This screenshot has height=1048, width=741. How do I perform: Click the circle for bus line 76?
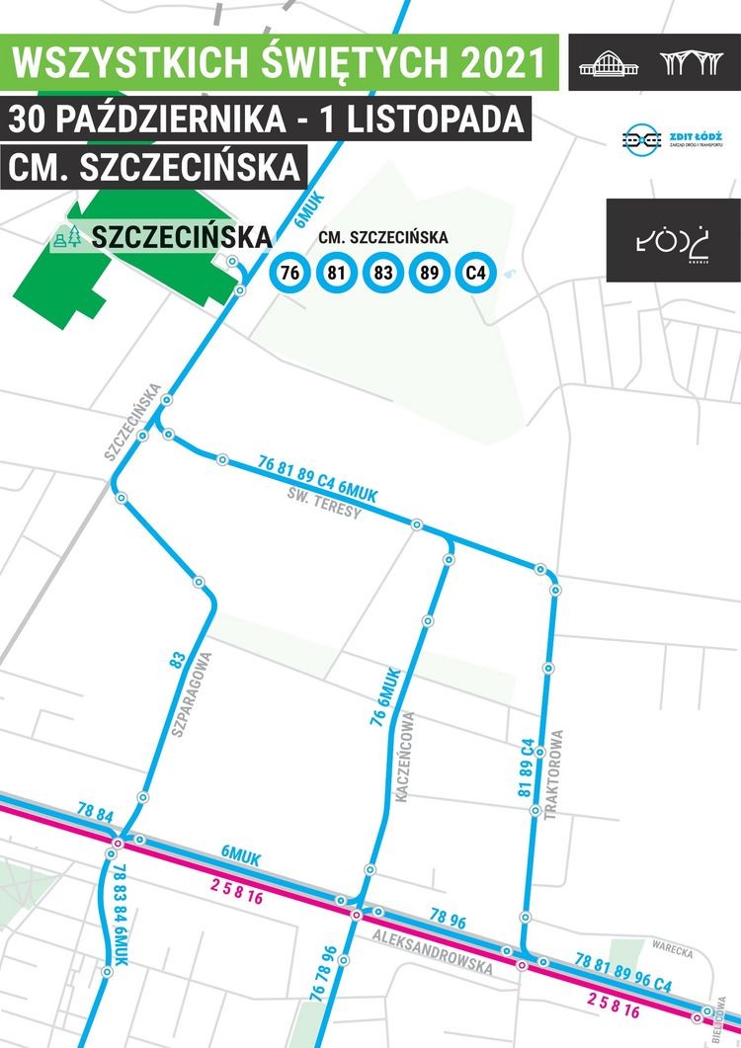pyautogui.click(x=289, y=273)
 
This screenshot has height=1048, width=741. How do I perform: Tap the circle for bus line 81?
pyautogui.click(x=335, y=273)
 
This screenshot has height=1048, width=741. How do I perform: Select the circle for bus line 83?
pyautogui.click(x=381, y=273)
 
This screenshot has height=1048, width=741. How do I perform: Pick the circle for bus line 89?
pyautogui.click(x=428, y=273)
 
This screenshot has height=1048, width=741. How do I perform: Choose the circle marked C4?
pyautogui.click(x=474, y=273)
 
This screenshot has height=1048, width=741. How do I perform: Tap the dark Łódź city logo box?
pyautogui.click(x=673, y=240)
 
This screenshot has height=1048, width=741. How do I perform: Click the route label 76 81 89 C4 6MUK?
pyautogui.click(x=317, y=477)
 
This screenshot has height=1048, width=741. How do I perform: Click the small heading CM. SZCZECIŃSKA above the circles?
pyautogui.click(x=383, y=238)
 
